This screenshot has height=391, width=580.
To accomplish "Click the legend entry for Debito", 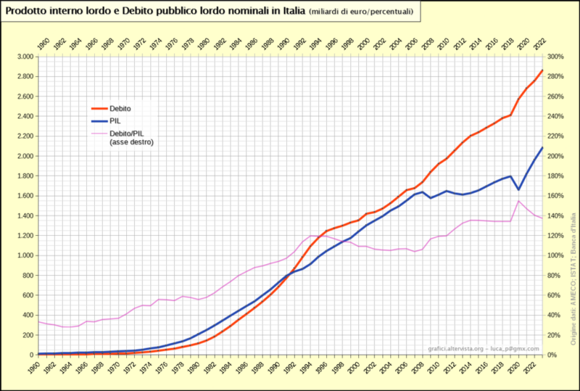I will pos(120,109).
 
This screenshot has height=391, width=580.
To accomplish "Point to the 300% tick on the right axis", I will pos(555,57).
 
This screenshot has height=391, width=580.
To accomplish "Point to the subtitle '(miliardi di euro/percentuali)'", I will pos(360,12).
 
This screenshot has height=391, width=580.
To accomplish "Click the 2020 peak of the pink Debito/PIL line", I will pos(519,201).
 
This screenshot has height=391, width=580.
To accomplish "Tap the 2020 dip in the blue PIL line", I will pos(519,189).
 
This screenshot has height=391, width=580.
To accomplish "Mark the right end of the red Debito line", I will pos(542,70).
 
